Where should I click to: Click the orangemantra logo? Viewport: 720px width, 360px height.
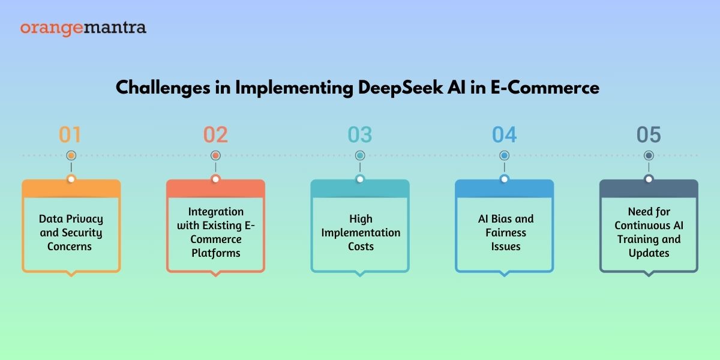83,28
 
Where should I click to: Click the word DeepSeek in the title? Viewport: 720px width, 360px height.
400,88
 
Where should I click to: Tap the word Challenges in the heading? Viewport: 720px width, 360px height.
163,88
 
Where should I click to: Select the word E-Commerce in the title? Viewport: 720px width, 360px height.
545,88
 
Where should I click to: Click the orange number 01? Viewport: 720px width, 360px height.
70,134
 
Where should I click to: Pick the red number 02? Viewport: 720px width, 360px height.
215,134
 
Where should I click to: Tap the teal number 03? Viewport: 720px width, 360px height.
360,134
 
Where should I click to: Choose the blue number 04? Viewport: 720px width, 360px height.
505,134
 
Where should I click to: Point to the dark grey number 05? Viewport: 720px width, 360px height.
649,134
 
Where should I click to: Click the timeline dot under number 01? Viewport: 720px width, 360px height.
71,155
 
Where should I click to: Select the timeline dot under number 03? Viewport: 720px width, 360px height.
360,155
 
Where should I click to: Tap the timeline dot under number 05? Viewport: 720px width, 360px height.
649,155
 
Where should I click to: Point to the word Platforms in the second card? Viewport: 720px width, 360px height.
215,253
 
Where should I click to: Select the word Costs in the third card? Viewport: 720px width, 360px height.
361,246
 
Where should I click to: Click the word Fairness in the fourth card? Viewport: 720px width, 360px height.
506,232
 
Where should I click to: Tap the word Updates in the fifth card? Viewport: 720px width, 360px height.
649,253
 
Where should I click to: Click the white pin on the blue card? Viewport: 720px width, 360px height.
505,179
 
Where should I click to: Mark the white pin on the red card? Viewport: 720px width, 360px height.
215,179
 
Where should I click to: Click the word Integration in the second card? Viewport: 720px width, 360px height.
215,212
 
